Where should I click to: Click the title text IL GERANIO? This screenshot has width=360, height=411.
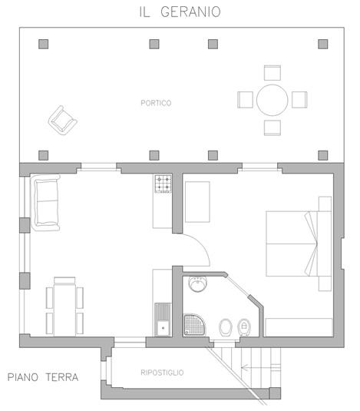[x=180, y=12]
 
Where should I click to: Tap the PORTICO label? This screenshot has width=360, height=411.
[x=156, y=103]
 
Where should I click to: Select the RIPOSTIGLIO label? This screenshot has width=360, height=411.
[x=162, y=373]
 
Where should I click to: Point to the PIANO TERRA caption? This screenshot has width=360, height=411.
[x=43, y=377]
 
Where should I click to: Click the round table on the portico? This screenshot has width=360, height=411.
[x=272, y=100]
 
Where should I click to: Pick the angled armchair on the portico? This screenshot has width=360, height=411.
[x=63, y=121]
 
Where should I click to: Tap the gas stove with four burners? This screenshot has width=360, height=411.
[x=163, y=184]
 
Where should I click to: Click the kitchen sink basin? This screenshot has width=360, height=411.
[x=163, y=327]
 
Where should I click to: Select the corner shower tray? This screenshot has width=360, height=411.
[x=194, y=325]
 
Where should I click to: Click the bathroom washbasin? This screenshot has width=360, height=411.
[x=198, y=283]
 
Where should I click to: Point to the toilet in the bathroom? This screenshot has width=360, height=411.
[x=226, y=327]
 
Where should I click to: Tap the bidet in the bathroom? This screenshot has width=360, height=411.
[x=244, y=327]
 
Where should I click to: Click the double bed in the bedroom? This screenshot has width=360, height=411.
[x=299, y=244]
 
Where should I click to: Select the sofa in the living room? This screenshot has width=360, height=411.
[x=45, y=202]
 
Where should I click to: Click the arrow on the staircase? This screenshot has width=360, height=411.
[x=260, y=367]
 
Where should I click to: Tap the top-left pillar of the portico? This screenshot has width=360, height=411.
[x=44, y=44]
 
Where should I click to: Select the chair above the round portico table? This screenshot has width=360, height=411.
[x=272, y=73]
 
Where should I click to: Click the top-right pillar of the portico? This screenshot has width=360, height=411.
[x=323, y=44]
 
